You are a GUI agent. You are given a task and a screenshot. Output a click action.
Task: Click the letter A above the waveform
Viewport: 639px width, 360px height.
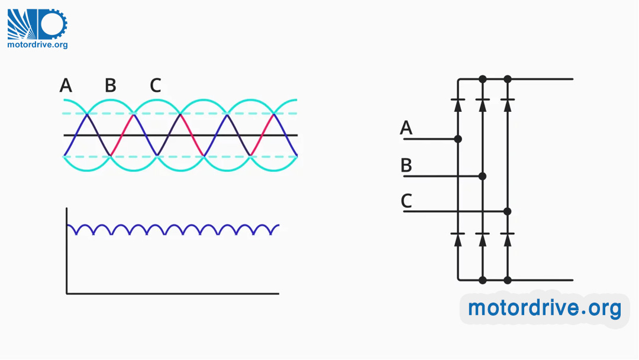coord(66,86)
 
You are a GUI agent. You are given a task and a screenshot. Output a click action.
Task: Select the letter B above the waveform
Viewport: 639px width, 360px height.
coord(111,86)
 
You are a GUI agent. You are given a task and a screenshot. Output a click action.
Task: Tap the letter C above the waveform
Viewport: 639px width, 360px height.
coord(156,86)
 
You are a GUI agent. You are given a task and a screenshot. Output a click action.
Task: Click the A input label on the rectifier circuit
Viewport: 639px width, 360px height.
coord(406,128)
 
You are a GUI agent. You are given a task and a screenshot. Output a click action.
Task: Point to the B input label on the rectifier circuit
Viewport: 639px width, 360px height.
coord(406,165)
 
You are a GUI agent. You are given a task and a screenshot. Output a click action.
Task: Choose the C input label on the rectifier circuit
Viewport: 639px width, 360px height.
coord(406,201)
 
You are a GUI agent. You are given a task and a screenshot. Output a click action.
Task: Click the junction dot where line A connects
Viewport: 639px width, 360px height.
coord(457,139)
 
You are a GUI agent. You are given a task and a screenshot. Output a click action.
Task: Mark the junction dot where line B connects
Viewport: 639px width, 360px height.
coord(482,176)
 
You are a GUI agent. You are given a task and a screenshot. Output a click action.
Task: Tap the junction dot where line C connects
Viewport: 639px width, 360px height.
coord(507,211)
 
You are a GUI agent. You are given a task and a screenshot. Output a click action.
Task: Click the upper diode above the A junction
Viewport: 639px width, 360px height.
coord(457,104)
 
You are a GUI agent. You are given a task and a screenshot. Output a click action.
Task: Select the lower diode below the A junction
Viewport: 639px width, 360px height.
coord(457,238)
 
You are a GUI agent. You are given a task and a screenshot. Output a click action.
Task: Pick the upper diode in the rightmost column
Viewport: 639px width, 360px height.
coord(507,104)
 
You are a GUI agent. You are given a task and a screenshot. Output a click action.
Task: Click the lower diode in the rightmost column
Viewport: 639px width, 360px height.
coord(507,238)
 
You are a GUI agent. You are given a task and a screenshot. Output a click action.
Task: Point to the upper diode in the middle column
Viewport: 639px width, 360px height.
coord(482,104)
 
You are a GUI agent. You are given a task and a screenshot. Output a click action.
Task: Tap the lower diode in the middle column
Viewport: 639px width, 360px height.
coord(482,238)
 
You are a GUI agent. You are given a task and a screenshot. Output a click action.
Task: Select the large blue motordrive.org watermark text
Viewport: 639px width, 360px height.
coord(544,308)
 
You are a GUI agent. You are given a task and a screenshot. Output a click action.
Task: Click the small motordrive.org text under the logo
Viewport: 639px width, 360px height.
coord(37,44)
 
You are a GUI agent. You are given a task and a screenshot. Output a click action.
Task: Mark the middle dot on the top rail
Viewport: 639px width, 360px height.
coord(482,79)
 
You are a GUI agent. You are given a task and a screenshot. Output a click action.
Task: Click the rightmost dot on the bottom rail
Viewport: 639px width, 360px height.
coord(507,279)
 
